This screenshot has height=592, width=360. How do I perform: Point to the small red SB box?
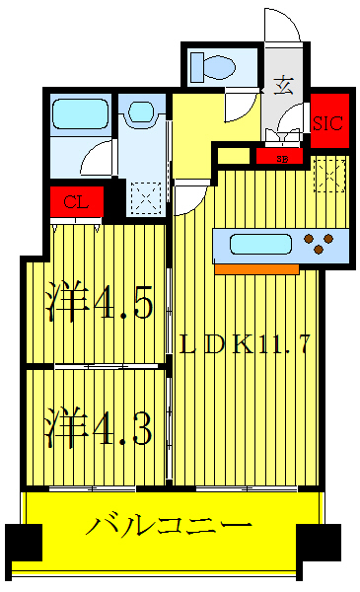tap(282, 156)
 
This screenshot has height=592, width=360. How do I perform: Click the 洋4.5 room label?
tap(100, 304)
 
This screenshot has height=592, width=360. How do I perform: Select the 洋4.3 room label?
tap(99, 430)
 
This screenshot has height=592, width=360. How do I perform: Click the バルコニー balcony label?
tap(172, 525)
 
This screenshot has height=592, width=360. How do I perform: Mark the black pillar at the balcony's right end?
tap(320, 542)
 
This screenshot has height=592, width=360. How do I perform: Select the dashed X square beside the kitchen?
tap(327, 176)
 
